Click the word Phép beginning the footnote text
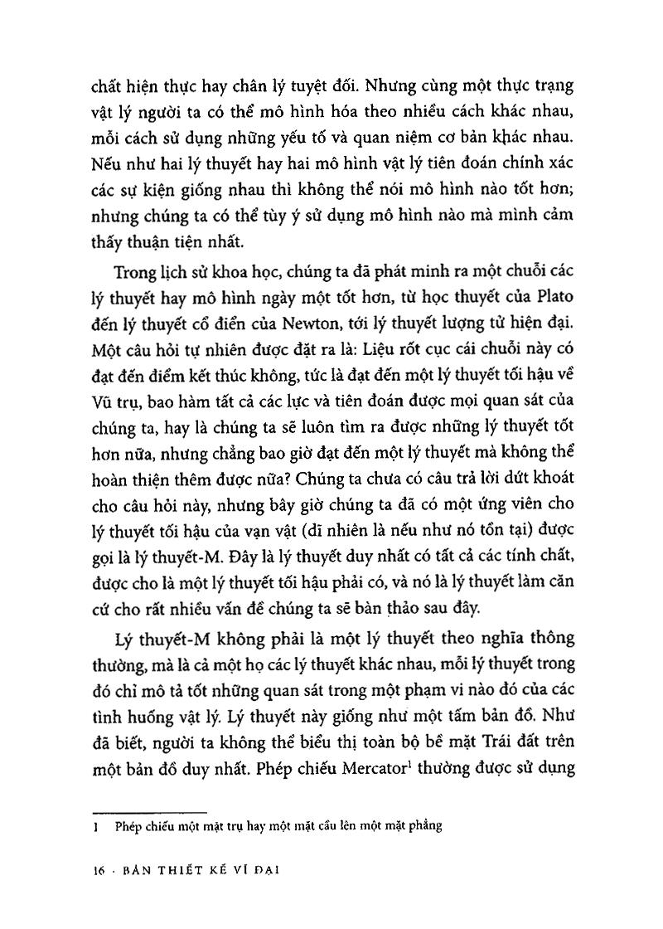point(127,826)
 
